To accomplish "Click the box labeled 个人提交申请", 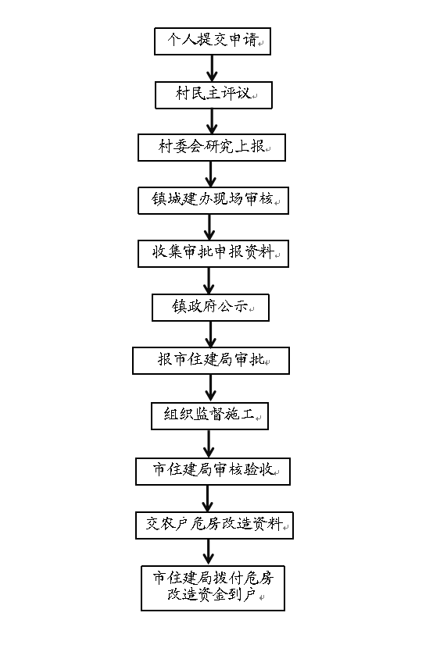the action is (213, 41).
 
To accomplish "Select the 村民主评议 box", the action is (213, 94).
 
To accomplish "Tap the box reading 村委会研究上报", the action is (212, 148).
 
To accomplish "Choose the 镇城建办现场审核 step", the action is (213, 201).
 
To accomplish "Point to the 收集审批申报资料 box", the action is (213, 254).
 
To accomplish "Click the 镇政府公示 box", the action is (210, 307).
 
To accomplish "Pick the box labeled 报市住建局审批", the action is (211, 361).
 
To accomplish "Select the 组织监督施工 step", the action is (210, 416).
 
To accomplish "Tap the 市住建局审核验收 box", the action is (213, 471).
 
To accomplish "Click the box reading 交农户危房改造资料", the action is (215, 525).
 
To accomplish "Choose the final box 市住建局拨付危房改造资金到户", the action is (213, 588).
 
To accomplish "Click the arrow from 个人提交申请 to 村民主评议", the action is (212, 69).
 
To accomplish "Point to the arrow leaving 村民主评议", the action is (212, 122).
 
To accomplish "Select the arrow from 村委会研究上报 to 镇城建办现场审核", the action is (210, 174).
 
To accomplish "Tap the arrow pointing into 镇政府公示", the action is (209, 281).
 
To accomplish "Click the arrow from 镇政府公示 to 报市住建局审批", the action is (210, 334).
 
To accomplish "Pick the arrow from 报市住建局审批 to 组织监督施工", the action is (210, 389).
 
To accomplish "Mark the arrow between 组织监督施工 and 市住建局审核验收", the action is (209, 443).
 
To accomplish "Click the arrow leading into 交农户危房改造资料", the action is (207, 499).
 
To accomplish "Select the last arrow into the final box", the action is (209, 553).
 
